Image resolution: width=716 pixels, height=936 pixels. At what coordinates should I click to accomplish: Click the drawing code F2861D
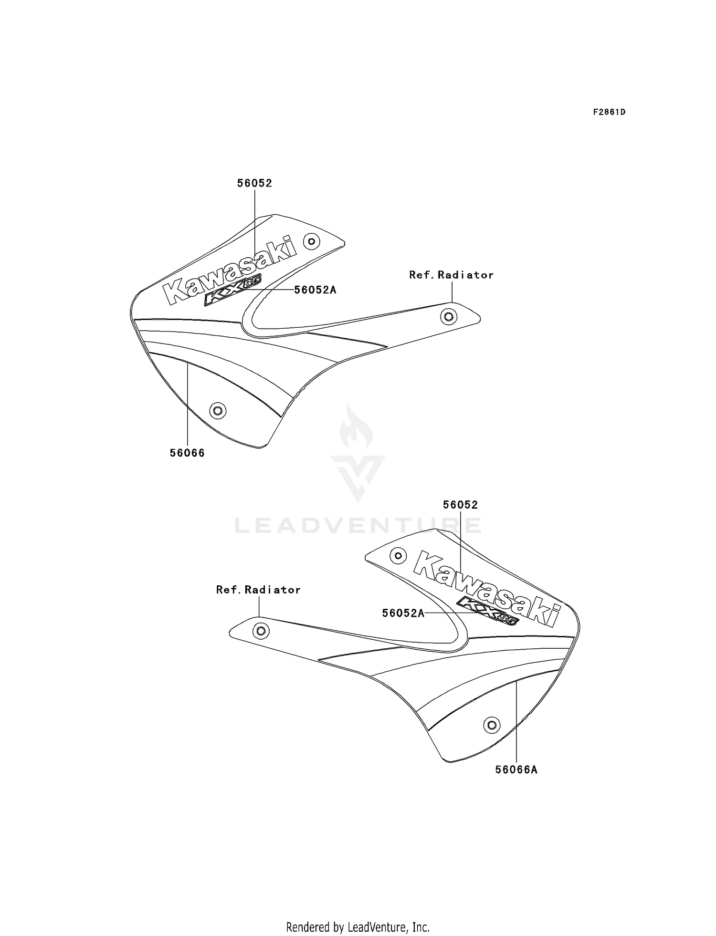coord(609,112)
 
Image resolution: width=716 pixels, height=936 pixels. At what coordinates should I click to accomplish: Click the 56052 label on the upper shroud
coord(254,183)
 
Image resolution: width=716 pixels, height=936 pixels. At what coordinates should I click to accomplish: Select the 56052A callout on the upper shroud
coord(315,290)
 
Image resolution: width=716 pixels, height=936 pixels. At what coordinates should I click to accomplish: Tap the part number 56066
coord(187,453)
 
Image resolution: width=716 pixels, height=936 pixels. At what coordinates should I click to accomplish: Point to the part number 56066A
coord(516,770)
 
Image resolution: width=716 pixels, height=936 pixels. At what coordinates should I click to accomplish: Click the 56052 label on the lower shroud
coord(460,505)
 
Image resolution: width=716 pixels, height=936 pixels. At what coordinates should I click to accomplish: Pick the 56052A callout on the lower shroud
coord(403,613)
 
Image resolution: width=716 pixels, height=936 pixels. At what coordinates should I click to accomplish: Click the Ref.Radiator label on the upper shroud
coord(451,275)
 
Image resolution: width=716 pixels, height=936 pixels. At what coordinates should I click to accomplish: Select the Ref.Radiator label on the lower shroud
coord(258,590)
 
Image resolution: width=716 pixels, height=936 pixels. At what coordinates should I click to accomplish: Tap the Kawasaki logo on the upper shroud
coord(230,270)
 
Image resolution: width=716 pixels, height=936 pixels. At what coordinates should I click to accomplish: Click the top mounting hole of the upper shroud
coord(312,241)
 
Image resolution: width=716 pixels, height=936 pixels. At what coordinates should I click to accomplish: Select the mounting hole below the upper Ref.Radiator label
coord(448,316)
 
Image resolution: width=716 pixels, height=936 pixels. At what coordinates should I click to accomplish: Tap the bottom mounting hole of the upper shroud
coord(218,410)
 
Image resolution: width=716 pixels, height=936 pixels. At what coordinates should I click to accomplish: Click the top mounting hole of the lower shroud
coord(398,555)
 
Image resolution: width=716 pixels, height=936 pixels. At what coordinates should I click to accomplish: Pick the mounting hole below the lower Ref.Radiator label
coord(261,631)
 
